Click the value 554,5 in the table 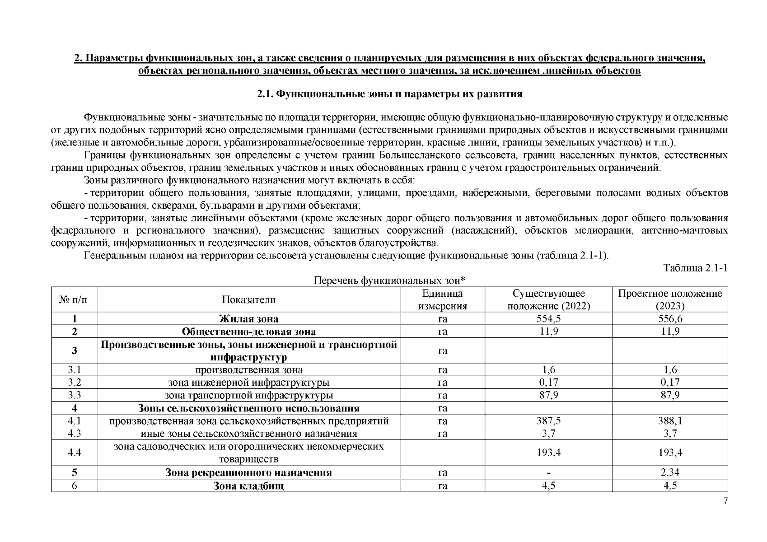point(548,319)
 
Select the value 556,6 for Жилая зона point(670,319)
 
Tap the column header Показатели point(248,300)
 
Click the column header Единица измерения point(442,300)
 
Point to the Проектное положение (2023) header point(670,300)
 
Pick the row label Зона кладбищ point(248,486)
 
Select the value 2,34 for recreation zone point(670,473)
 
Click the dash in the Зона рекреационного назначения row point(548,473)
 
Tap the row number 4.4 point(74,453)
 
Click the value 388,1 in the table point(670,421)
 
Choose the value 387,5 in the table point(548,421)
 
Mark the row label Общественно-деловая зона point(248,332)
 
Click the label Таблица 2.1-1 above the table point(695,268)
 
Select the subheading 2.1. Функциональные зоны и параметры point(389,94)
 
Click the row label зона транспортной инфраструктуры point(248,396)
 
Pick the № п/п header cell point(74,300)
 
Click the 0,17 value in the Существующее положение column point(548,383)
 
